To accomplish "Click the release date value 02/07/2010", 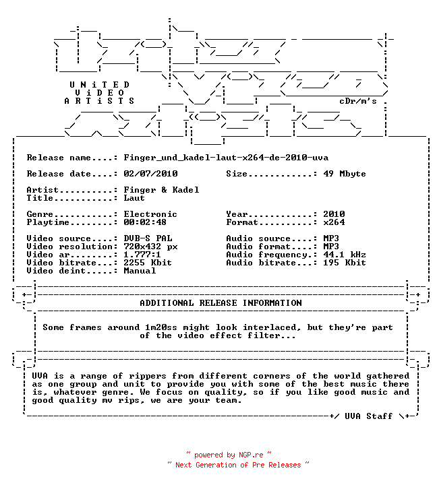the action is pyautogui.click(x=150, y=174).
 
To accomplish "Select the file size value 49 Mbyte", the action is pyautogui.click(x=345, y=174).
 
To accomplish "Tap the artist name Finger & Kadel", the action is pyautogui.click(x=161, y=189).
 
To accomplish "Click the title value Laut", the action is pyautogui.click(x=134, y=198).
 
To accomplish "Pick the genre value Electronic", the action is pyautogui.click(x=150, y=214).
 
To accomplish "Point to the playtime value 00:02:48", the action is pyautogui.click(x=145, y=222).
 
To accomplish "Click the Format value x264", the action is pyautogui.click(x=334, y=222).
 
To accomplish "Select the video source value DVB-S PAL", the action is pyautogui.click(x=148, y=238).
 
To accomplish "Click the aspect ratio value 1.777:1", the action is pyautogui.click(x=142, y=254).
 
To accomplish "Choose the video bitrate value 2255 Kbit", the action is pyautogui.click(x=148, y=262).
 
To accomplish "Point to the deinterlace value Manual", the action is pyautogui.click(x=140, y=271).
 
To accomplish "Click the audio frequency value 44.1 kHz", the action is pyautogui.click(x=345, y=254).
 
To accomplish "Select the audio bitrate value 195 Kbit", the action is pyautogui.click(x=345, y=262).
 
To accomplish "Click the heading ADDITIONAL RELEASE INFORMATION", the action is pyautogui.click(x=221, y=303).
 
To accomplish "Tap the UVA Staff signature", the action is pyautogui.click(x=369, y=416).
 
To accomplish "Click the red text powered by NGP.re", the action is pyautogui.click(x=229, y=455).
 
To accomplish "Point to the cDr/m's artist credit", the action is pyautogui.click(x=358, y=101).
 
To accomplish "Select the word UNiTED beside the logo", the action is pyautogui.click(x=99, y=85).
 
